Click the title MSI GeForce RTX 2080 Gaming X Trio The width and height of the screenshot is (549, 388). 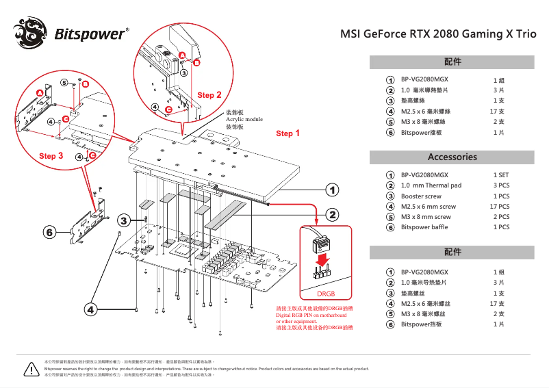[x=438, y=34]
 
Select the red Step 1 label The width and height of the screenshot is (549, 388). [x=288, y=133]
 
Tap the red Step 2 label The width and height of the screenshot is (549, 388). [x=209, y=95]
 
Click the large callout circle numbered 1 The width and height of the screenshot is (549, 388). [x=332, y=189]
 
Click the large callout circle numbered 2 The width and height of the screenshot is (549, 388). [x=332, y=216]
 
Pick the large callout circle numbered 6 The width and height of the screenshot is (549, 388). [x=50, y=233]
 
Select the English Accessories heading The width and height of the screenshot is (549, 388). [x=452, y=157]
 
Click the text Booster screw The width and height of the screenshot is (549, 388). [x=421, y=196]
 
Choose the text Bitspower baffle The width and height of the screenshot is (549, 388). [x=426, y=227]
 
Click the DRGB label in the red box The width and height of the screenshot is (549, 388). [x=325, y=293]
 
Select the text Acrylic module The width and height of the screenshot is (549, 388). [x=244, y=120]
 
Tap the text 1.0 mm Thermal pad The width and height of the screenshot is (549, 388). [x=431, y=185]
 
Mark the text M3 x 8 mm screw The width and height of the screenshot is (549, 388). [x=426, y=217]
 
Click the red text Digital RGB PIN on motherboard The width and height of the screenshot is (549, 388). [x=311, y=315]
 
